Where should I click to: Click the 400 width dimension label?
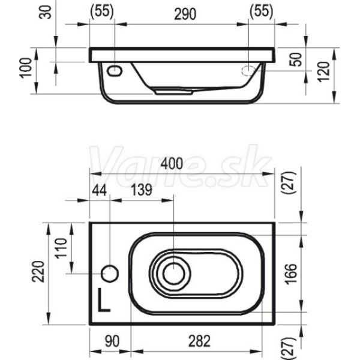click(172, 164)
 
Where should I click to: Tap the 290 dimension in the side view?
click(185, 14)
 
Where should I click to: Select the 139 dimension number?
click(142, 190)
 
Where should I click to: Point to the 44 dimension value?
click(100, 190)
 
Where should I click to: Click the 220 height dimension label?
click(38, 271)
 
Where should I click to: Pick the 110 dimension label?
click(61, 248)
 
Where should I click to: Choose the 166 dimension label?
click(291, 274)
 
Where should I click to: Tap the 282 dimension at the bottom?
click(199, 341)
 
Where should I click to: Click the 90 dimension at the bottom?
click(112, 341)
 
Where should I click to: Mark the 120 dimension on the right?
click(324, 71)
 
